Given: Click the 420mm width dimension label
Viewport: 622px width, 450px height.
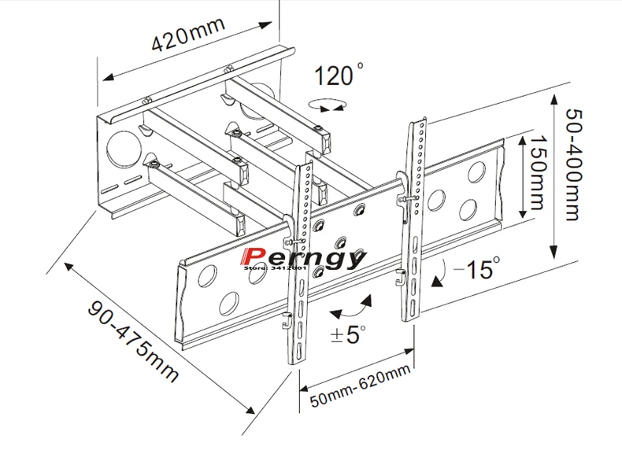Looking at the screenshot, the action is tap(188, 35).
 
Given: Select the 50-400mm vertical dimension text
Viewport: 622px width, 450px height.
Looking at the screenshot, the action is tap(573, 164).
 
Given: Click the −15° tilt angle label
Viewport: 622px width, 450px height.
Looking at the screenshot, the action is tap(477, 268).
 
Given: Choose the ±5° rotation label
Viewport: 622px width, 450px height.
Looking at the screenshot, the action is tap(348, 334).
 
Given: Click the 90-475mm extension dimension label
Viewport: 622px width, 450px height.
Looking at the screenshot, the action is tap(133, 341).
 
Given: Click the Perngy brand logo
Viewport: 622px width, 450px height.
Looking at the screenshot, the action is tap(302, 258).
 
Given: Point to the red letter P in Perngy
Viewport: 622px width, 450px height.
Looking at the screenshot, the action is tap(251, 256).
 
